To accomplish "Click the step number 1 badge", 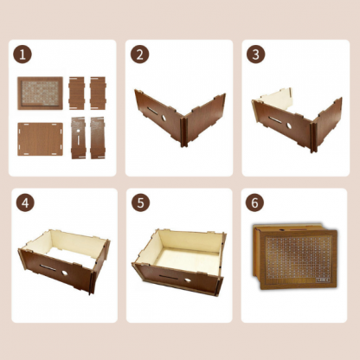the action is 22,55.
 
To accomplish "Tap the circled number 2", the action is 139,55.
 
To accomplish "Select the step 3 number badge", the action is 255,55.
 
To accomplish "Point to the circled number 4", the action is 25,202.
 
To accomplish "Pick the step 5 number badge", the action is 140,202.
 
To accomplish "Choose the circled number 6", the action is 254,202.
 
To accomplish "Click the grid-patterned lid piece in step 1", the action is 40,93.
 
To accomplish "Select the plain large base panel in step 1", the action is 40,139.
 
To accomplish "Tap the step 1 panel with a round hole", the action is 78,138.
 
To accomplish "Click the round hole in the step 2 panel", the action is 163,118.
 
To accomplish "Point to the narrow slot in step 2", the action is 152,111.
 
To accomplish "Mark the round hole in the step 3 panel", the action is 288,125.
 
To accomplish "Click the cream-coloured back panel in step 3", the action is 275,99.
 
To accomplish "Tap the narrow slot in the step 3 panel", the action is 274,119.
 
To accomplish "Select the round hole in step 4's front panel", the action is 65,273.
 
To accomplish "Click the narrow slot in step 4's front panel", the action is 48,267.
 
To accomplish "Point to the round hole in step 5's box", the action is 188,280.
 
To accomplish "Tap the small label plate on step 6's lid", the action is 323,280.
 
